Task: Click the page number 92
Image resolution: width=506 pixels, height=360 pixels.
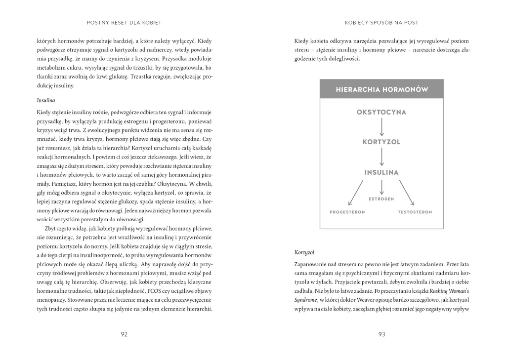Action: coord(124,334)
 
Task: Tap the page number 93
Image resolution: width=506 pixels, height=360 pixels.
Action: coord(381,334)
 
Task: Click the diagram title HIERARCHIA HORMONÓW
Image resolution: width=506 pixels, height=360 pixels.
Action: coord(381,90)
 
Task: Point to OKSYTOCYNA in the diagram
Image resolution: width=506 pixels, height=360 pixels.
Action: coord(381,112)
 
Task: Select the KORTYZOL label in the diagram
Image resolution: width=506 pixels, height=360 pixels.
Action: coord(381,142)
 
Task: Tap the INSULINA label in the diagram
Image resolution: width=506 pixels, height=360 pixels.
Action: coord(381,172)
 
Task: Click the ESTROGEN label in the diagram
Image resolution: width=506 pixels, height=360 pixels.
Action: coord(381,199)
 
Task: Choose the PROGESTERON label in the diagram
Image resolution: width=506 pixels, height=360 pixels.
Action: coord(347,212)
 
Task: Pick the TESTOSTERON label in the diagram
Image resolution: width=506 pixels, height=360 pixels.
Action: coord(415,212)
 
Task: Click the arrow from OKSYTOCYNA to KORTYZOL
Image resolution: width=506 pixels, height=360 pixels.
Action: coord(381,127)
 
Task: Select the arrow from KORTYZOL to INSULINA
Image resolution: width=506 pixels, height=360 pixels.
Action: coord(381,157)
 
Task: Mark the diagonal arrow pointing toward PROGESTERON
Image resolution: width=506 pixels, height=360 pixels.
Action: coord(356,193)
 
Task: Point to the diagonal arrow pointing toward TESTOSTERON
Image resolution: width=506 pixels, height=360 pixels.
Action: coord(407,193)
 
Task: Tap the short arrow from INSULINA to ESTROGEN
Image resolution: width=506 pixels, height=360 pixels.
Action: coord(381,187)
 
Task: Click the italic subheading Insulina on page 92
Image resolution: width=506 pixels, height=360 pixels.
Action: coord(46,100)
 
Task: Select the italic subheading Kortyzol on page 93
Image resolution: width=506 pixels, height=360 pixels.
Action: coord(304,252)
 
